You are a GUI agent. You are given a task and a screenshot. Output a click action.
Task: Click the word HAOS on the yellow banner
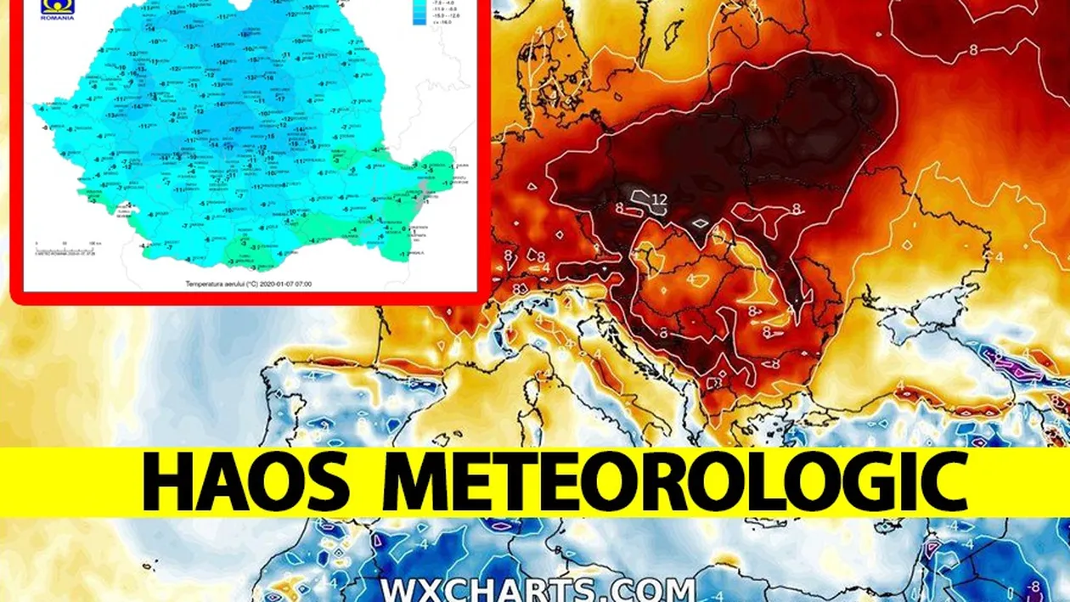pos(246,482)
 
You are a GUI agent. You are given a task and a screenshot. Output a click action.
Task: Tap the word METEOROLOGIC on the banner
pos(675,482)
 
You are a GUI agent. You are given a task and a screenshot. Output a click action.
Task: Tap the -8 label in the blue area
pos(1033,586)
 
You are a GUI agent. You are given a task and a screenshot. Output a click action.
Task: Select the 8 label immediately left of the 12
pos(621,207)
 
